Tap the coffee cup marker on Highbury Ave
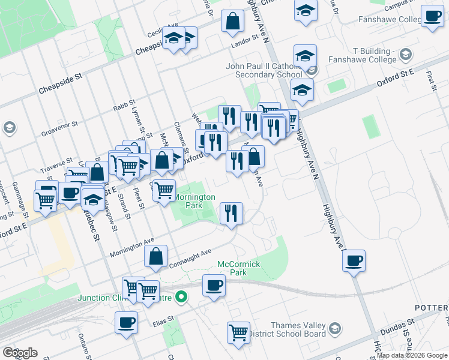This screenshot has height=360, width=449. click(354, 261)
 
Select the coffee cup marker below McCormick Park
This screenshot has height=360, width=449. click(213, 286)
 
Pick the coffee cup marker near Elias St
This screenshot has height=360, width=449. click(127, 323)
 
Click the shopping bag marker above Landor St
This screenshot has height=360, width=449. click(232, 22)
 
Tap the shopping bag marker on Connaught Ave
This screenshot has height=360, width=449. click(155, 257)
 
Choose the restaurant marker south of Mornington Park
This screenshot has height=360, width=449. click(231, 213)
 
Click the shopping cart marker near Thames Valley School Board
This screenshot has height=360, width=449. click(238, 332)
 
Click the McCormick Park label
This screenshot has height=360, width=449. click(238, 268)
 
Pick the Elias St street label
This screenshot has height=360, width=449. click(161, 319)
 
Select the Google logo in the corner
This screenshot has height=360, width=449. click(20, 353)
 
